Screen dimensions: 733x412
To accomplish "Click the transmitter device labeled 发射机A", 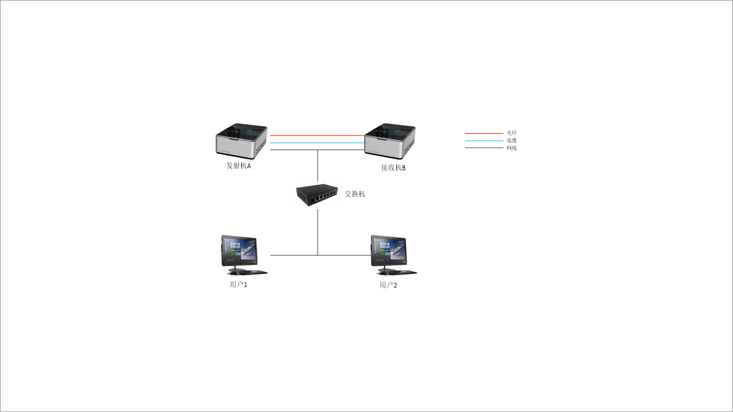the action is pyautogui.click(x=241, y=141).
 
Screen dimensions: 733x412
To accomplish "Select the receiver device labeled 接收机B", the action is pyautogui.click(x=390, y=141).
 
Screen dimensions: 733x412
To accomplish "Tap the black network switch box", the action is pyautogui.click(x=317, y=195).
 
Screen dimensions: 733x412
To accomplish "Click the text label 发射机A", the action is pyautogui.click(x=239, y=166).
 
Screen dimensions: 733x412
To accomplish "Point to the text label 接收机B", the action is pyautogui.click(x=393, y=168).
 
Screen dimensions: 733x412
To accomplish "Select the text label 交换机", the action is pyautogui.click(x=355, y=194).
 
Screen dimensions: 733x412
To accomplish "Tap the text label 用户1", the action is pyautogui.click(x=239, y=285).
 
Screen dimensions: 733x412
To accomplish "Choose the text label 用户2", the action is pyautogui.click(x=388, y=285).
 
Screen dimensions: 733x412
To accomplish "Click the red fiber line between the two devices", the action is pyautogui.click(x=318, y=136).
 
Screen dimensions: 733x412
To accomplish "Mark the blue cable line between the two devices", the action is pyautogui.click(x=318, y=143).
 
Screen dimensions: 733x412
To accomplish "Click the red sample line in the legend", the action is pyautogui.click(x=484, y=134).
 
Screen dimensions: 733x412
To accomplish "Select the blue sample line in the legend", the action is pyautogui.click(x=484, y=141).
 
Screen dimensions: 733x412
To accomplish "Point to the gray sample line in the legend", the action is pyautogui.click(x=484, y=148).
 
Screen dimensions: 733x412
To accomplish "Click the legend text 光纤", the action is pyautogui.click(x=512, y=133).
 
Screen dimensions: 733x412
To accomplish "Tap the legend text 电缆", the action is pyautogui.click(x=512, y=140).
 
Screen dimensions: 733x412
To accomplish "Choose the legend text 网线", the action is pyautogui.click(x=512, y=148).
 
